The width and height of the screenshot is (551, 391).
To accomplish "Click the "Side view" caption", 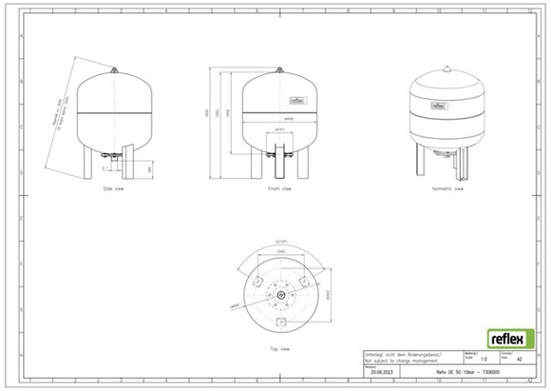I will pyautogui.click(x=114, y=189).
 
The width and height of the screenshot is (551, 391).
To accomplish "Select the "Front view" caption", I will pyautogui.click(x=279, y=189).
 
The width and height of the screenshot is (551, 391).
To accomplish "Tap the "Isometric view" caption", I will pyautogui.click(x=447, y=189).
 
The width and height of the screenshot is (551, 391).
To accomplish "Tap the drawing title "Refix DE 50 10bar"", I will pyautogui.click(x=475, y=373).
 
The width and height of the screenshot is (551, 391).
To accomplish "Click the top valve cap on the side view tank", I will pyautogui.click(x=115, y=68).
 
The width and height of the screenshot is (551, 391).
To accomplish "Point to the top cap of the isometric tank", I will pyautogui.click(x=446, y=68).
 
